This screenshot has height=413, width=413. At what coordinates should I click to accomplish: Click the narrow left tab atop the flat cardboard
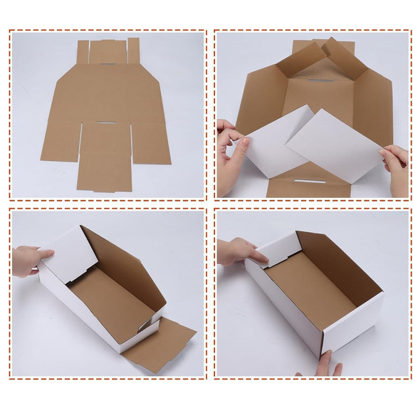point(83,52)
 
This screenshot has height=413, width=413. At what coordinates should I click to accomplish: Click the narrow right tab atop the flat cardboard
point(133,51)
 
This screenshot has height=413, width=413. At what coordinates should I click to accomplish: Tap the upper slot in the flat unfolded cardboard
point(108,65)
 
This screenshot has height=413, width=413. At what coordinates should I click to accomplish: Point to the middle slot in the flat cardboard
point(105,123)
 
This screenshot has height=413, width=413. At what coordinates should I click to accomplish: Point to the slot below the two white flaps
point(310,181)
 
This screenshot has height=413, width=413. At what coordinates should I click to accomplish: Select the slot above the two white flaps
point(321,80)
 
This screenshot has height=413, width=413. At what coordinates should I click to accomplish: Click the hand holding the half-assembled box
point(28,260)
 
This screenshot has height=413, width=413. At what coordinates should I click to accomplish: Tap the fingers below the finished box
point(326,365)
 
